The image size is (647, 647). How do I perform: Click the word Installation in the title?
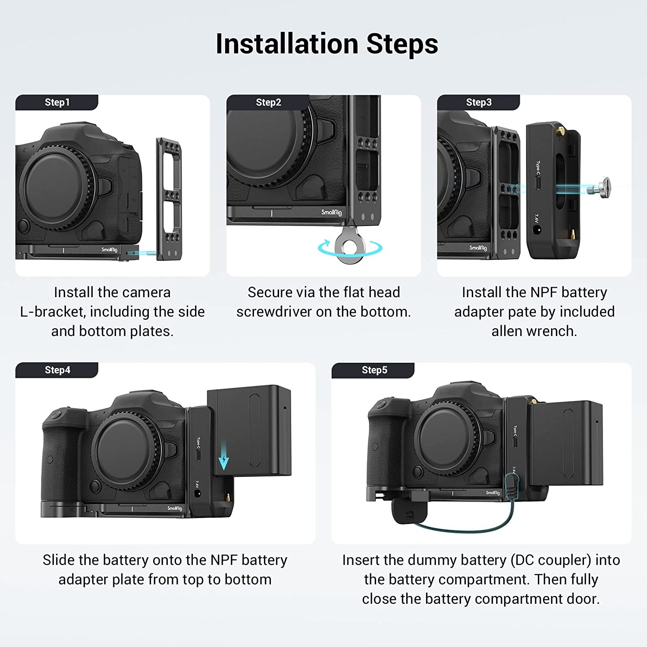[x=287, y=44]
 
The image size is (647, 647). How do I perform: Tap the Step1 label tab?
[x=57, y=103]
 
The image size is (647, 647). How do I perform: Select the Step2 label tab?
[x=268, y=103]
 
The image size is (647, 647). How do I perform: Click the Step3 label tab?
[x=478, y=103]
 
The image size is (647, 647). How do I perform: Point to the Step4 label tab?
[x=57, y=370]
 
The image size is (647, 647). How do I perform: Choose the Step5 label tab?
[x=374, y=370]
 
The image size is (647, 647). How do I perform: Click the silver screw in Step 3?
[x=600, y=188]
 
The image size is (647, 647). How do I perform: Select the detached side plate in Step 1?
[x=169, y=199]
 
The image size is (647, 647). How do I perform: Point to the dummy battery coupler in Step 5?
[x=409, y=512]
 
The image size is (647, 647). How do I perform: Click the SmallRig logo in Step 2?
[x=331, y=212]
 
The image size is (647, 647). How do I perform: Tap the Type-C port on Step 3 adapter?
[x=538, y=182]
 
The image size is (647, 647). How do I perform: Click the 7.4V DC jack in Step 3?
[x=537, y=229]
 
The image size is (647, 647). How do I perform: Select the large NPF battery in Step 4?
[x=249, y=430]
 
